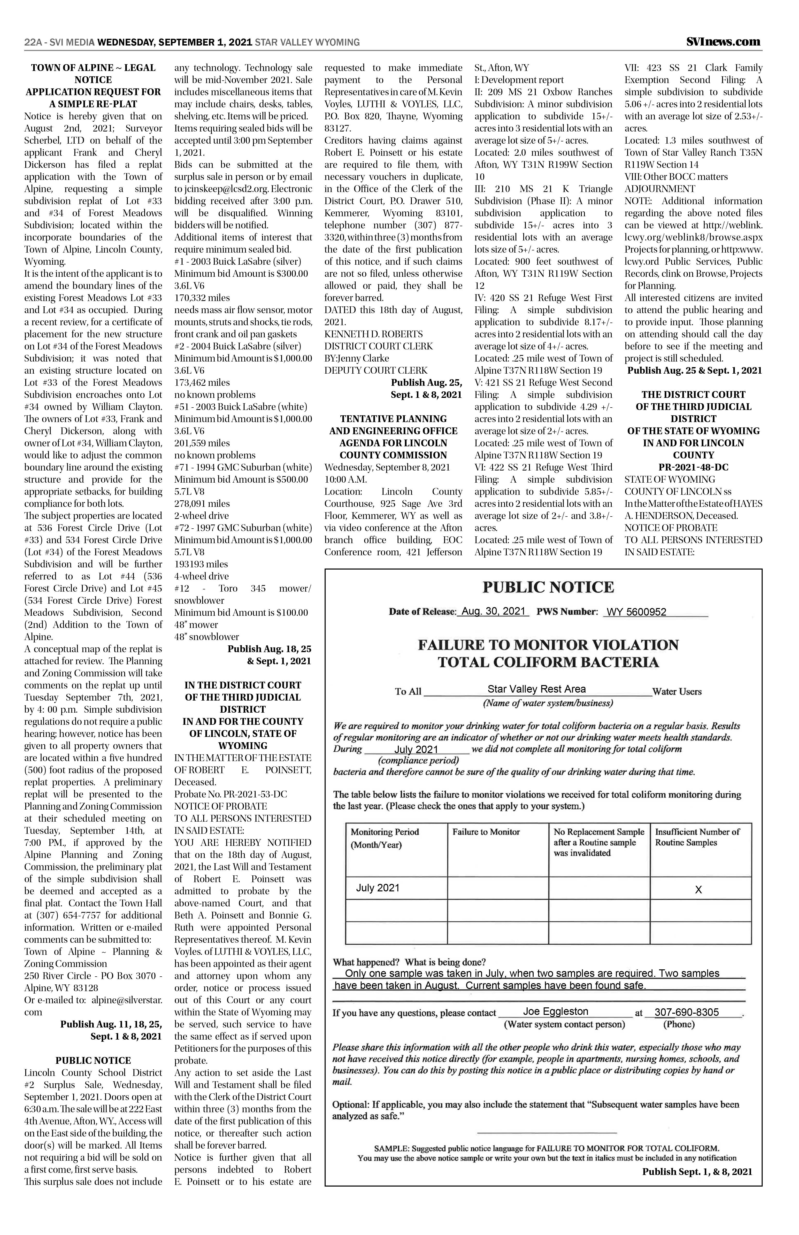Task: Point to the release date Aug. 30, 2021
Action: point(493,611)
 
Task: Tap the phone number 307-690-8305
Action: point(686,1012)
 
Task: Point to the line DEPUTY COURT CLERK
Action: point(376,370)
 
